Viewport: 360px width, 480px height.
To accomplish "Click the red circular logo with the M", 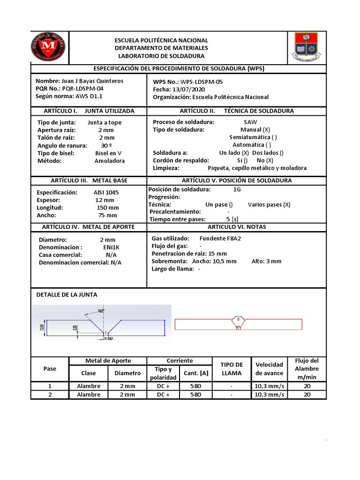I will click(48, 47).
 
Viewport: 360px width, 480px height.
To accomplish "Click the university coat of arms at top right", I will click(306, 47).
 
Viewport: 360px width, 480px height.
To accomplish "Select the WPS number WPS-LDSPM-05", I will click(202, 82).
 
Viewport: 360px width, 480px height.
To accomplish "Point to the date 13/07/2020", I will click(188, 89).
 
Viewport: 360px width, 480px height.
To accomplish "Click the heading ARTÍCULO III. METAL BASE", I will click(89, 180).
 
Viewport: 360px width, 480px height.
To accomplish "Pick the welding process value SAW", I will click(251, 122).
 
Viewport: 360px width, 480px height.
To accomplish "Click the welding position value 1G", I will click(237, 189).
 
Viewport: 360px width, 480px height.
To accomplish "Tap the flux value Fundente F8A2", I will click(220, 238).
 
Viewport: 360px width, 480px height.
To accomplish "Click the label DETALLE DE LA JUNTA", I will click(67, 294).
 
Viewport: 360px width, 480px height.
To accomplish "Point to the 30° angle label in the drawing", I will click(101, 310).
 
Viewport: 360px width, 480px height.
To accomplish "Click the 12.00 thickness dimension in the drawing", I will click(42, 327).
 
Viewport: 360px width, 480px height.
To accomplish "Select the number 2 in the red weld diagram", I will click(238, 319).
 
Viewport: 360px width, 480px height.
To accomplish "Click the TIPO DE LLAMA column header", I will click(232, 369).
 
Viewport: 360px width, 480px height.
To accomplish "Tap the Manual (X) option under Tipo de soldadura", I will click(255, 129).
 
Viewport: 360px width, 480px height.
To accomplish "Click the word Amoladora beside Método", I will click(110, 161).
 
